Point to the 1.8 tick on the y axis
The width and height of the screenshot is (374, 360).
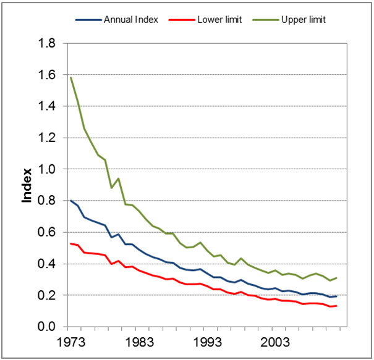click(x=48, y=44)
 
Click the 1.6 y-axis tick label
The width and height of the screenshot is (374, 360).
click(x=48, y=75)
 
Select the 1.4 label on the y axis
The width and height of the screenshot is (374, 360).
click(x=48, y=107)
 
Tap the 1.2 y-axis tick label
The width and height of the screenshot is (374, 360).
click(x=48, y=138)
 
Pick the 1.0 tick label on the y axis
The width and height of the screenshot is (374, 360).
click(x=48, y=170)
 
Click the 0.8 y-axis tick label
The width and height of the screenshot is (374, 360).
click(x=48, y=201)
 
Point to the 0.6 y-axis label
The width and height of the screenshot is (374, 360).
click(x=48, y=233)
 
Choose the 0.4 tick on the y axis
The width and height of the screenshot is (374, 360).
click(x=48, y=264)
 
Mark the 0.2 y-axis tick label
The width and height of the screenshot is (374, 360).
click(x=48, y=296)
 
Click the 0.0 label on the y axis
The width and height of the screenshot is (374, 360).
click(x=48, y=327)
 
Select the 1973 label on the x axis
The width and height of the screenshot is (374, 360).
click(x=71, y=341)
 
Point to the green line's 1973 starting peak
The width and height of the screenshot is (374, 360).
click(x=71, y=78)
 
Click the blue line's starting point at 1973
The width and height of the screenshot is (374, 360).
click(x=71, y=201)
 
